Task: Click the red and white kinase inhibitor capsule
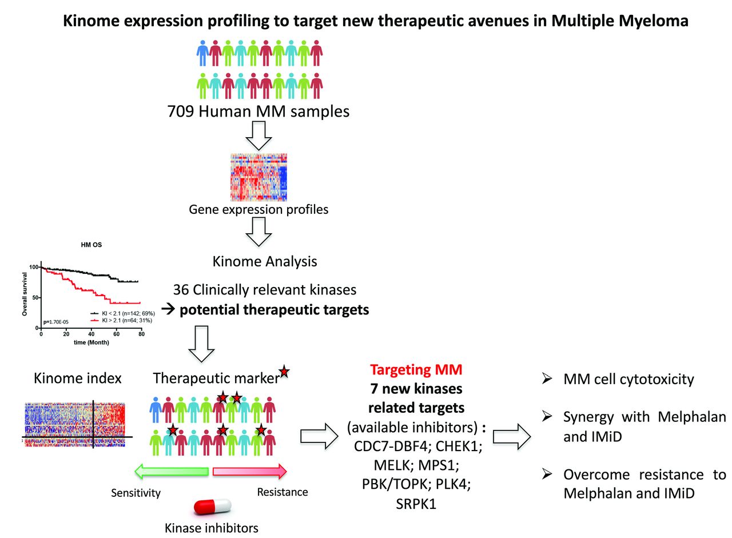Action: coord(213,505)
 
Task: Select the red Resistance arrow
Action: coord(249,471)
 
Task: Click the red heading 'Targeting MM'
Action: coord(416,369)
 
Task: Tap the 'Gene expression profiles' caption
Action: coord(258,209)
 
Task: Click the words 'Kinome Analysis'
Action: coord(264,262)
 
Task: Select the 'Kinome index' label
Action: coord(78,378)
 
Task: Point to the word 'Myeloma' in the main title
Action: coord(652,22)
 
